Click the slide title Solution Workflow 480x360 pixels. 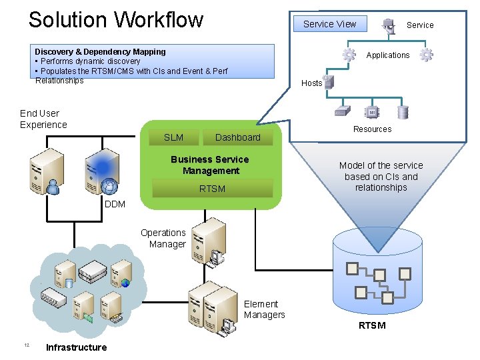(x=115, y=19)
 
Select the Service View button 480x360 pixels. (x=329, y=24)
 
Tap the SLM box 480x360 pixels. (x=173, y=137)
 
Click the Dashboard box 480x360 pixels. (x=237, y=137)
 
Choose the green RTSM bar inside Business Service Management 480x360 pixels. (x=213, y=189)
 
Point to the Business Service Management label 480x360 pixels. (x=210, y=165)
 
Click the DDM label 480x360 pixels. (x=115, y=204)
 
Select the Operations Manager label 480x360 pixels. (x=163, y=239)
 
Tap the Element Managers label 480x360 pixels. (x=264, y=309)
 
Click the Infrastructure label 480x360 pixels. (x=76, y=347)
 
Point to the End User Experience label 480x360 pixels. (x=43, y=119)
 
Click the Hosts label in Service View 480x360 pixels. (x=311, y=83)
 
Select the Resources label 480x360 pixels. (x=372, y=129)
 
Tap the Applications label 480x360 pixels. (x=387, y=55)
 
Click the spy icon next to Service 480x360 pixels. (x=388, y=26)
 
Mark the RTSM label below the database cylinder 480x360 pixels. (x=372, y=325)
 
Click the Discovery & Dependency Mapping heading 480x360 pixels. (x=100, y=51)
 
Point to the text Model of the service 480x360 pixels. (x=381, y=165)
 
